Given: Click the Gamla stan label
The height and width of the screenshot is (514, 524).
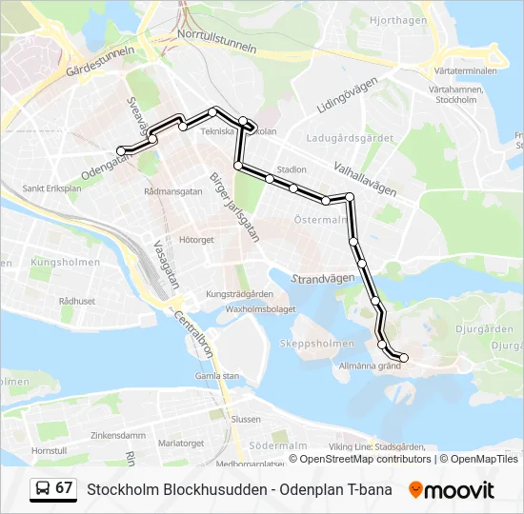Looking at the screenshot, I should pyautogui.click(x=217, y=375).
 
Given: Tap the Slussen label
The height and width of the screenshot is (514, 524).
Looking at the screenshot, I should pyautogui.click(x=246, y=419).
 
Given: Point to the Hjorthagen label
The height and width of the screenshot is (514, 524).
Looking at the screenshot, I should pyautogui.click(x=397, y=19).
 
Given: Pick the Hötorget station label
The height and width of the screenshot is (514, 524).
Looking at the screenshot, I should pyautogui.click(x=196, y=240).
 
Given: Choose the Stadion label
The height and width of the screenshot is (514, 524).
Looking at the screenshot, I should pyautogui.click(x=292, y=169).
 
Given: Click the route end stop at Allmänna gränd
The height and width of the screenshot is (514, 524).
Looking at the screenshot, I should pyautogui.click(x=404, y=358).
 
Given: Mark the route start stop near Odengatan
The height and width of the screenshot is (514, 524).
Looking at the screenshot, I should pyautogui.click(x=121, y=150).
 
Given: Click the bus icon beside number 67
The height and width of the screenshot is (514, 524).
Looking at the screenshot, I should pyautogui.click(x=43, y=489).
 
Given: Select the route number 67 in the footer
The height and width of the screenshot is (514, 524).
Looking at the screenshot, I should pyautogui.click(x=64, y=488).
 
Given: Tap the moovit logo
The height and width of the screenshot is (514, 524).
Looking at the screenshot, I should pyautogui.click(x=452, y=490).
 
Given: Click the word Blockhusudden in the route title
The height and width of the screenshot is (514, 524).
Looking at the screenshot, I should pyautogui.click(x=206, y=490).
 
